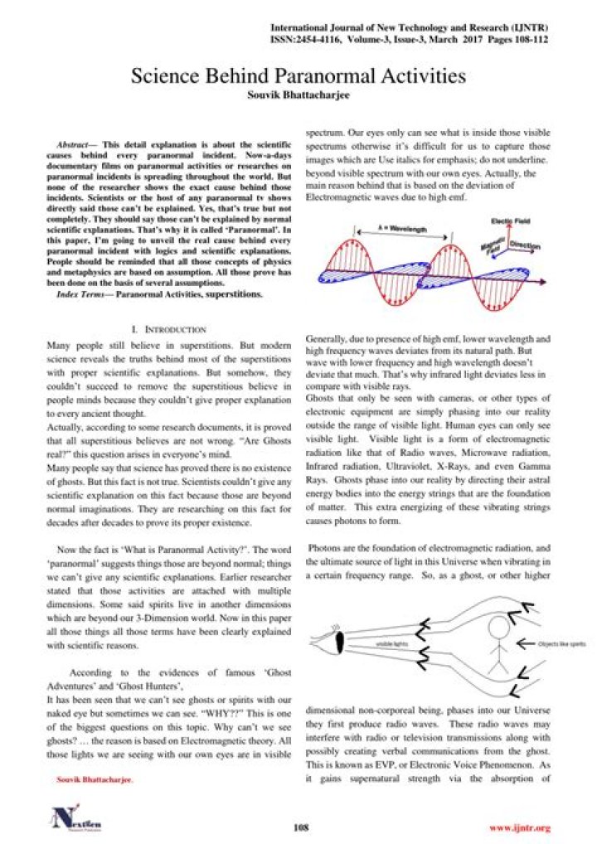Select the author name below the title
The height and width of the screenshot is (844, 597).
point(298,96)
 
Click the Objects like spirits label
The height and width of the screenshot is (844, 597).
point(561,643)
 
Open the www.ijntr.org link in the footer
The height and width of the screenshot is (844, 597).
point(520,827)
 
